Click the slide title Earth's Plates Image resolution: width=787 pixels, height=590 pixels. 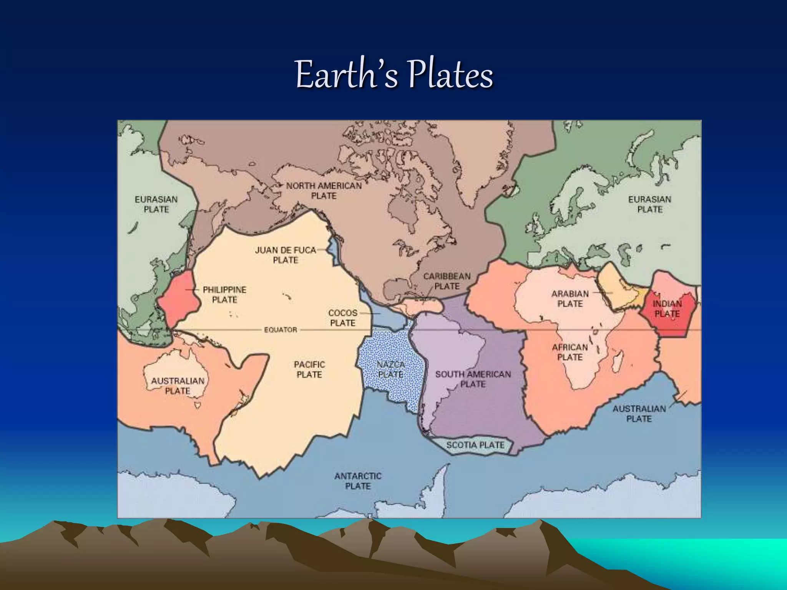pos(394,75)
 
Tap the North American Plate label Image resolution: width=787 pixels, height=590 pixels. pos(324,191)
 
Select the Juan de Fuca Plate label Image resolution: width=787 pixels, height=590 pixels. pos(286,255)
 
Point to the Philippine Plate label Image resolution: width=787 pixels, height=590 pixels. pos(224,295)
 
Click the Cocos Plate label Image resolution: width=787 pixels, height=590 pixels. pos(343,318)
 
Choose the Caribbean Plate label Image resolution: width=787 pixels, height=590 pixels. pos(447,281)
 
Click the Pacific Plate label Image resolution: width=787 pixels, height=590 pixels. pos(309,369)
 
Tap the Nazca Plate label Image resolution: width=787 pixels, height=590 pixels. pos(391,369)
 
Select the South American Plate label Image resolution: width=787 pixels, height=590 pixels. pos(473,379)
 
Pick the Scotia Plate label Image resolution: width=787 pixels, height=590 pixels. pos(475,445)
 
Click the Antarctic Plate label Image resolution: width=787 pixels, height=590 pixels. pos(358,481)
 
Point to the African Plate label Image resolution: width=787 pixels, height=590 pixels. pos(570,352)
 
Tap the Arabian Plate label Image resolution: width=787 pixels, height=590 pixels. pos(570,299)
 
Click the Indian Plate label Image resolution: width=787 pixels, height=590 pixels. pos(667,309)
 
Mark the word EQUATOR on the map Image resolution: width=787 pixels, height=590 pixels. pos(281,330)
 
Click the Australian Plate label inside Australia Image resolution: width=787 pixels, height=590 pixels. pos(178,386)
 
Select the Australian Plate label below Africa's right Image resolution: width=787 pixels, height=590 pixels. pos(639,414)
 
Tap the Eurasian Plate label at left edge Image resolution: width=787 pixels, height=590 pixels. pos(156,204)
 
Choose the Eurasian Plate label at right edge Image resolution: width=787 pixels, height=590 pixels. pos(649,204)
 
